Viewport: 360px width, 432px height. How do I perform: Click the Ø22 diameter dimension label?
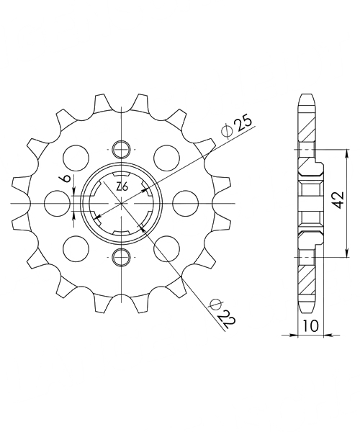(222, 314)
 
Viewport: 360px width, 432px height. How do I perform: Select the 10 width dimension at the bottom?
(310, 326)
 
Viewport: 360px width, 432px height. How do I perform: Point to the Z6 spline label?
(122, 187)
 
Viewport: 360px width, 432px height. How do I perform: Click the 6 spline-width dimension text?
(66, 179)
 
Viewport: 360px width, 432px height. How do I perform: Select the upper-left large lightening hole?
(76, 158)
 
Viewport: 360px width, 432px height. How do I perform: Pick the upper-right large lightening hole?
(167, 158)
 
